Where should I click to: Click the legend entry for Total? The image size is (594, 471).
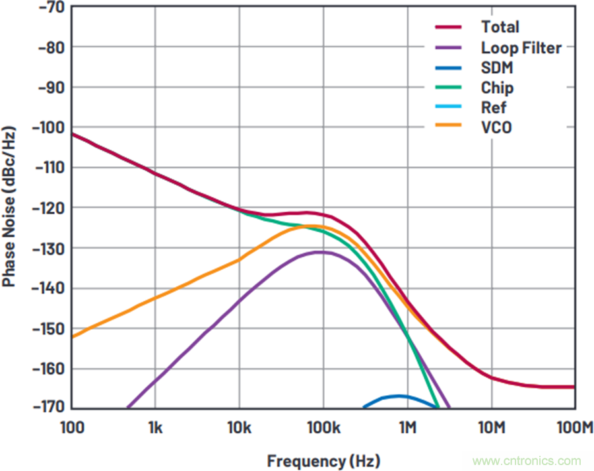pos(500,27)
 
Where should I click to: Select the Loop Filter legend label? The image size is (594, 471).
pos(521,47)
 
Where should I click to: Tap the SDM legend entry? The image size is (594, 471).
pos(497,68)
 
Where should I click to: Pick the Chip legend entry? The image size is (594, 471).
pos(497,88)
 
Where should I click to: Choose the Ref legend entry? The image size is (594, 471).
pos(494,108)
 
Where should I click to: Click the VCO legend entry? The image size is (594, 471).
pos(496,127)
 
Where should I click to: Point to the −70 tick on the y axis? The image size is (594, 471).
pos(51,7)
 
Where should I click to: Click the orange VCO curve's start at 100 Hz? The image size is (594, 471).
pos(73,336)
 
